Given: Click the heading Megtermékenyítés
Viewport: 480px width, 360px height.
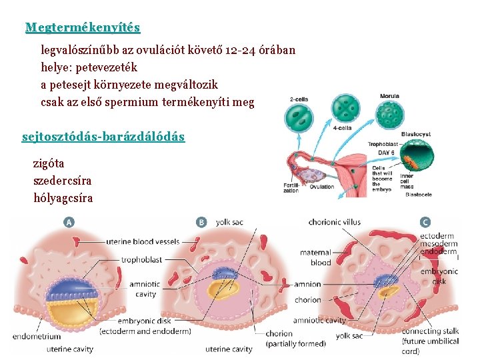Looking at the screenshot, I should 83,27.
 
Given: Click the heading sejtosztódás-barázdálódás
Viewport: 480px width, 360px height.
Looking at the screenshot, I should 103,137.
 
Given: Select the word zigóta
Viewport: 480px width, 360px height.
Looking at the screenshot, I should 49,163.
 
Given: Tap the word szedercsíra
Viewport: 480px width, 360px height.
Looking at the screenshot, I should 63,181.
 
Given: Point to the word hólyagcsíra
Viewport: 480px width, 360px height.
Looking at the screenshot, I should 63,198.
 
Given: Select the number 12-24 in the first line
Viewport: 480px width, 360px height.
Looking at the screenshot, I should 237,50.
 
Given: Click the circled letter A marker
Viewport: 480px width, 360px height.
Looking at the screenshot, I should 69,222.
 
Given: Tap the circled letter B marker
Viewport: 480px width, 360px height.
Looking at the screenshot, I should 201,222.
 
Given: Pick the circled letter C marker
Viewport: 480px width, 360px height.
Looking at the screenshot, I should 425,222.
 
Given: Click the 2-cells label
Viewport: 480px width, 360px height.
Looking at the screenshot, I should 299,99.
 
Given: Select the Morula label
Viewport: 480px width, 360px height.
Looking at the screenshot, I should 389,97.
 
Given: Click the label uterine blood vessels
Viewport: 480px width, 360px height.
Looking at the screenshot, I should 144,241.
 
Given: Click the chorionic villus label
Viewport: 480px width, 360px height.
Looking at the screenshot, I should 335,222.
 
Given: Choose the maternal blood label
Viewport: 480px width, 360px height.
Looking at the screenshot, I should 315,257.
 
